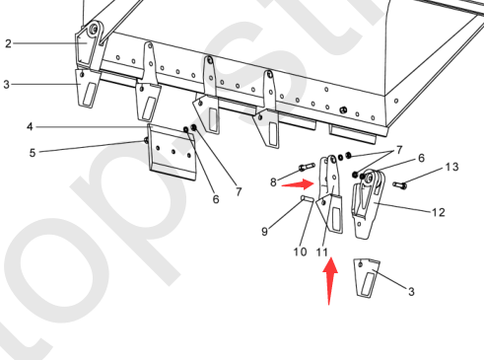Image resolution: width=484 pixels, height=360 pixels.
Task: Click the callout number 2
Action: [8, 43]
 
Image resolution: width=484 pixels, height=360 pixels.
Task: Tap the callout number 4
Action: [30, 126]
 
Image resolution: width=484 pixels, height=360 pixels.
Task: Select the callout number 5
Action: [33, 153]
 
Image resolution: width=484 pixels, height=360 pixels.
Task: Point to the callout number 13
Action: [451, 167]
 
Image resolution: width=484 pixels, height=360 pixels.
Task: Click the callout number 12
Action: [439, 212]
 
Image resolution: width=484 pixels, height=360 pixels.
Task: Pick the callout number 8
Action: [273, 182]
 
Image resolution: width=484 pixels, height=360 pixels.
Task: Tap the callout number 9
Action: [264, 232]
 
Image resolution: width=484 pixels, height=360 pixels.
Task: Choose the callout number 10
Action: [300, 252]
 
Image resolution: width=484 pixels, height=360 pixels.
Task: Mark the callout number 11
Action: [322, 252]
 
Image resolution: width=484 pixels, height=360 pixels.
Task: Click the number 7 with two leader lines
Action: [399, 150]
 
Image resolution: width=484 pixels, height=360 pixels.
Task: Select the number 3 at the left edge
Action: [6, 85]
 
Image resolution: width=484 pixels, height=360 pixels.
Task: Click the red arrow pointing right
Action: [299, 184]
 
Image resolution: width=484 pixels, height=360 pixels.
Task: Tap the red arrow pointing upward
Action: [330, 281]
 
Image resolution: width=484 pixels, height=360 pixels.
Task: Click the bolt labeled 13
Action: [399, 185]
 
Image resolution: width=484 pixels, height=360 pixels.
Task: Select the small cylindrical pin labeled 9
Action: [308, 198]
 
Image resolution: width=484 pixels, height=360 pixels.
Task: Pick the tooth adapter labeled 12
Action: [368, 204]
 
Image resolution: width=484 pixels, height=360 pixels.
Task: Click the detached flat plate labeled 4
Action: [172, 152]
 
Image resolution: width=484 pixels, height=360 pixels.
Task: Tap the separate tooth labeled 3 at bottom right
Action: [367, 278]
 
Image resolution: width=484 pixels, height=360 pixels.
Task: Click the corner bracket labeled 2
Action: [88, 46]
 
